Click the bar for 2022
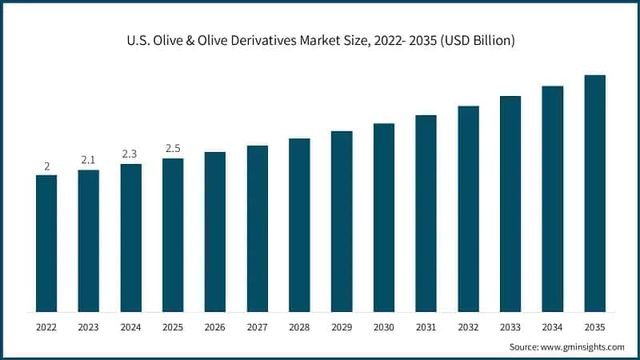pos(46,243)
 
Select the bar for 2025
pos(173,235)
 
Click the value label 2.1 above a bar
pos(89,160)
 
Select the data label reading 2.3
pos(130,154)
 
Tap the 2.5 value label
pos(173,148)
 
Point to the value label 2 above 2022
pos(46,166)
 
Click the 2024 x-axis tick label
pos(130,326)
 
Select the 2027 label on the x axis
pos(257,326)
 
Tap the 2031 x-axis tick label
pos(426,326)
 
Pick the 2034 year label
pos(553,326)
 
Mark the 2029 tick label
pos(342,326)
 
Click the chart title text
pos(320,40)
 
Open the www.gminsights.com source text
pos(582,346)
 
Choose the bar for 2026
pos(215,232)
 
